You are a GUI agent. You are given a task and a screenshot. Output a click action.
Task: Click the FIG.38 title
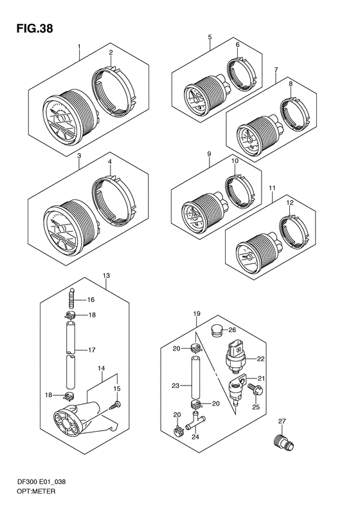point(34,28)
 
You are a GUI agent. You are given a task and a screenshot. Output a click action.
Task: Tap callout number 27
point(282,421)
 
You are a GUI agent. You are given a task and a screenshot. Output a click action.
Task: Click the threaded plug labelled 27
point(282,442)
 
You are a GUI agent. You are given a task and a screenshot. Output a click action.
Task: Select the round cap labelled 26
point(217,330)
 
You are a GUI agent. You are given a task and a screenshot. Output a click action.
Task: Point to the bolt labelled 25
point(256,389)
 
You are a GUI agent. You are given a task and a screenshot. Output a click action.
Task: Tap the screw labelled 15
point(115,405)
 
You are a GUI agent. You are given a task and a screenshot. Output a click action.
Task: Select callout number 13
point(106,275)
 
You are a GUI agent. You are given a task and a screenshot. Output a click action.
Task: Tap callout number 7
point(276,69)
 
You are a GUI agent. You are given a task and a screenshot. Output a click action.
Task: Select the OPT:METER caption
point(35,491)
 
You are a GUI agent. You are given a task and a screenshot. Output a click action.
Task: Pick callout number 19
point(197,313)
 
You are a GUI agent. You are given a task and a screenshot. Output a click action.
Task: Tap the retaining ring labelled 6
point(240,74)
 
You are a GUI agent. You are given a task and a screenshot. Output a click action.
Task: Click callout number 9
point(209,153)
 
